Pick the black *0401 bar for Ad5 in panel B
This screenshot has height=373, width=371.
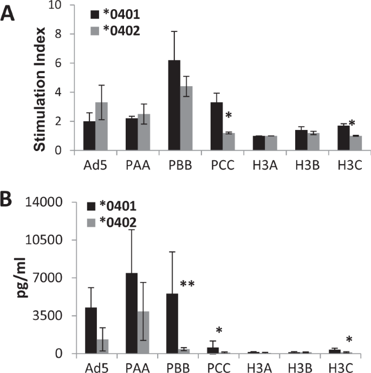(92, 330)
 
